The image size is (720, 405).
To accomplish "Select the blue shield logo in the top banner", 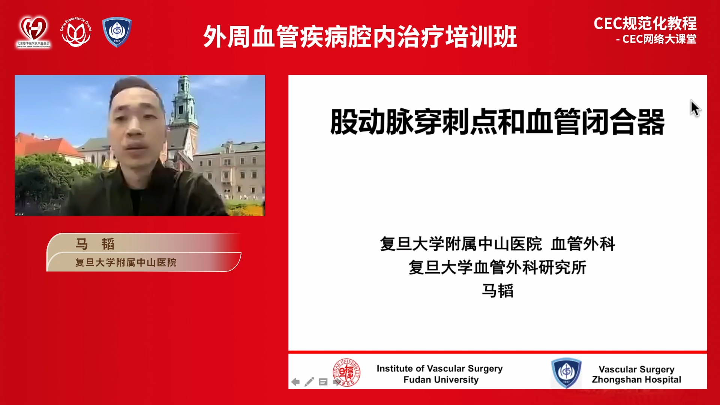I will coord(117,32).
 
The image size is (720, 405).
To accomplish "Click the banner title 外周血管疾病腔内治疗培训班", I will coord(360,37).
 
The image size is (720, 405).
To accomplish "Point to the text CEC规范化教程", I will coord(645,24).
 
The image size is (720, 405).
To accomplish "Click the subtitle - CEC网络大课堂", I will coord(656,39).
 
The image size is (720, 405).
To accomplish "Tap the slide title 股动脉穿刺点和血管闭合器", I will coord(497,121).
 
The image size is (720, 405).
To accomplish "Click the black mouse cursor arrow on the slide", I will coord(695,108).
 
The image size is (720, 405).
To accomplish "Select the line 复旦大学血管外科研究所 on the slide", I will coord(497,267).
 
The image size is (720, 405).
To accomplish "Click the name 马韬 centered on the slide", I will coord(498,291).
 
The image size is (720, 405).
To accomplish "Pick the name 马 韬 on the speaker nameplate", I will coord(95,244).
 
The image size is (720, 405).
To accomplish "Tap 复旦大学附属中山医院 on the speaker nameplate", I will coord(126,262).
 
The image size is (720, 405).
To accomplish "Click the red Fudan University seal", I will coord(347,373).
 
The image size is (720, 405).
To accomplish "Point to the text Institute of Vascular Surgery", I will coord(439,369).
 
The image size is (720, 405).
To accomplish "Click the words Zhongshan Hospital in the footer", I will coord(636,379).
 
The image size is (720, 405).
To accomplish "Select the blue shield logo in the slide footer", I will coord(566,373).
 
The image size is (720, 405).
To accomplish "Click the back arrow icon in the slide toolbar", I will coord(295,382).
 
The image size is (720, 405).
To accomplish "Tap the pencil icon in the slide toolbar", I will coord(309,382).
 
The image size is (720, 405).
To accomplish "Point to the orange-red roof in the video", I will coord(41,144).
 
